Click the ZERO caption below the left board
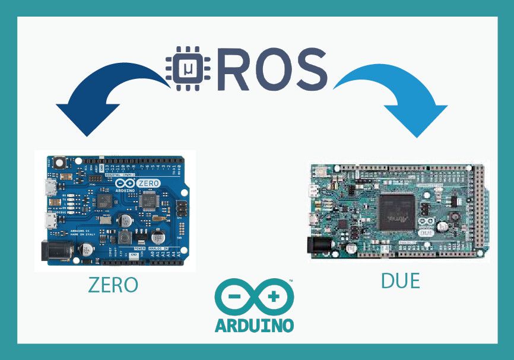(x=113, y=285)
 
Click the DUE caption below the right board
(x=400, y=281)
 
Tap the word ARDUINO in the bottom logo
(x=254, y=325)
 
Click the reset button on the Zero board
(x=58, y=162)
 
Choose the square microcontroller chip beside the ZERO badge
(x=148, y=201)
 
